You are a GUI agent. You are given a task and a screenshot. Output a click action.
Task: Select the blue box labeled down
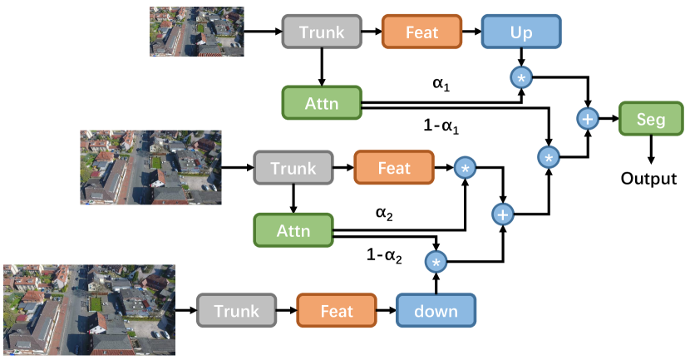[x=435, y=311]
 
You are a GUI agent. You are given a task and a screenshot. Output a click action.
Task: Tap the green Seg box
[x=650, y=120]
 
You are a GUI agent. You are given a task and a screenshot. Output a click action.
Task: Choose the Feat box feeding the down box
[x=336, y=311]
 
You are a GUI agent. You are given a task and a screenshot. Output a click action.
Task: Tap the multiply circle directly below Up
[x=521, y=78]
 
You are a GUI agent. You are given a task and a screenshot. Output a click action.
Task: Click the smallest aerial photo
[x=196, y=32]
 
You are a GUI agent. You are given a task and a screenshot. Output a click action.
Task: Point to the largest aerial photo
[x=89, y=309]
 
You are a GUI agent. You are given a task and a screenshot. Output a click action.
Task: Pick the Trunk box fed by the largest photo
[x=236, y=311]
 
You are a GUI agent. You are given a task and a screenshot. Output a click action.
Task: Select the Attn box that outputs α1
[x=322, y=102]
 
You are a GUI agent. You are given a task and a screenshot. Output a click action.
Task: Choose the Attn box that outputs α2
[x=293, y=229]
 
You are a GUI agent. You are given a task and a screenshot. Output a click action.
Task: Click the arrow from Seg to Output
[x=650, y=150]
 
